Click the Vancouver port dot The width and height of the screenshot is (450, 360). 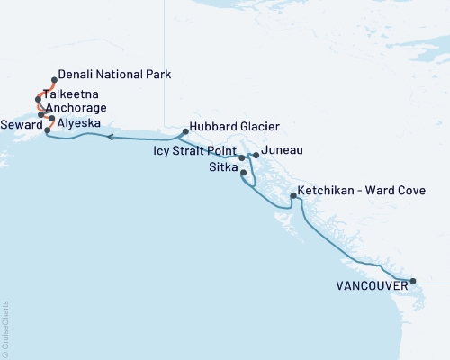[413, 282]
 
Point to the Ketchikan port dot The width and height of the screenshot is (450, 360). [293, 195]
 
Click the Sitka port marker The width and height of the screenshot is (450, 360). [244, 172]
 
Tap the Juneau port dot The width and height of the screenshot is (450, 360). [256, 156]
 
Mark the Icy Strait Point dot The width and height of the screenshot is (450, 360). [241, 157]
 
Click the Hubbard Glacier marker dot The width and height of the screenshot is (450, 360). [184, 131]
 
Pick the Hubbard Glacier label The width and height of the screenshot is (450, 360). [229, 127]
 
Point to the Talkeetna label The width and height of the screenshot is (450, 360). [71, 93]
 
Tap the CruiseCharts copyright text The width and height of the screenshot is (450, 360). [5, 328]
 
